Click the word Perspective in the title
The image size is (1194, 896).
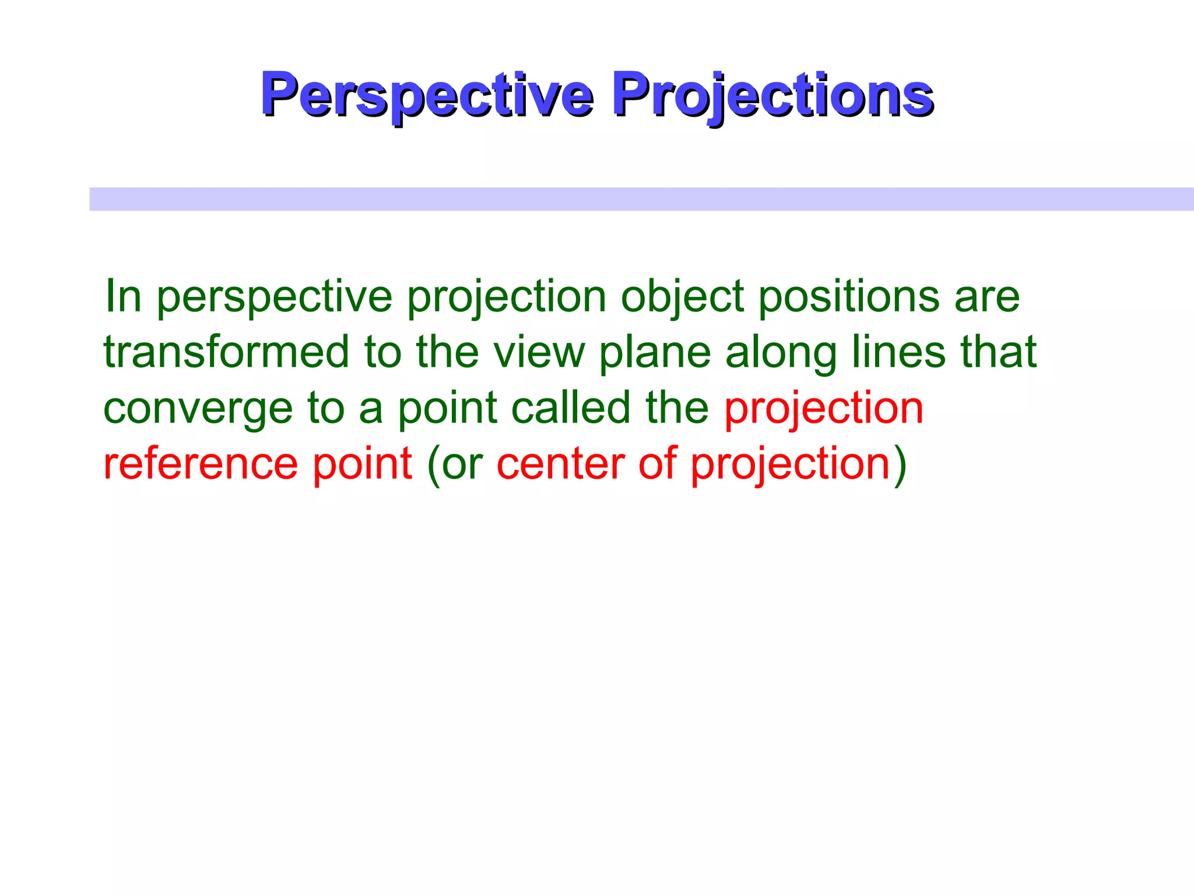[x=427, y=94]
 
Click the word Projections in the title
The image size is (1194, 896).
[x=772, y=94]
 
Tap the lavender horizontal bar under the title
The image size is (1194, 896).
[x=641, y=199]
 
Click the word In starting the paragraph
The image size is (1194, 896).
[x=123, y=296]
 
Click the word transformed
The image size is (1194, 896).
[x=226, y=352]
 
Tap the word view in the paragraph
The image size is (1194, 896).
[x=539, y=352]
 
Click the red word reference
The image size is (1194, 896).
[x=201, y=464]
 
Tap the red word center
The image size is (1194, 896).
[x=560, y=464]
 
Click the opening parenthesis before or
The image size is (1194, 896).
[x=433, y=465]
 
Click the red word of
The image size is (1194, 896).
[x=658, y=464]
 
